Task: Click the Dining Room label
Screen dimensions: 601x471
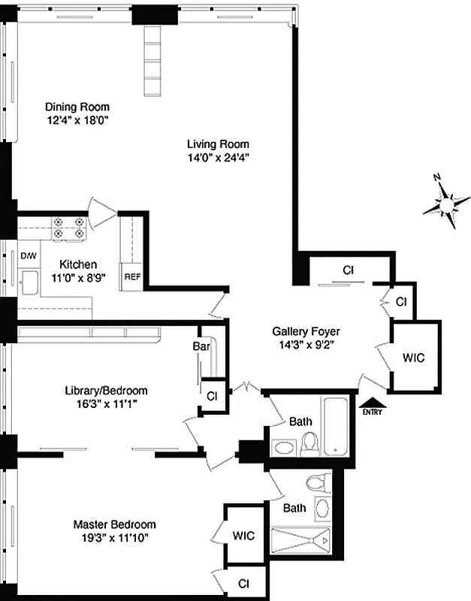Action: point(77,106)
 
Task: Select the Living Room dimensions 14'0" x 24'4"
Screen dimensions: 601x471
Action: point(218,157)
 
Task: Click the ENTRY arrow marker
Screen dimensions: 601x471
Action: point(371,406)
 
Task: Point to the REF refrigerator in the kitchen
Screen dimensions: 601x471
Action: point(132,276)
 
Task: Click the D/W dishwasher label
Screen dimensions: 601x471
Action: point(29,255)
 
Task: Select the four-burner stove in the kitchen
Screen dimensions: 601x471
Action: point(68,228)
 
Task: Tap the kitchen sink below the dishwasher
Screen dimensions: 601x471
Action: point(31,282)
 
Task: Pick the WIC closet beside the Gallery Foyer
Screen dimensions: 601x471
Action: point(413,358)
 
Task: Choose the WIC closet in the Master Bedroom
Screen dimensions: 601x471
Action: point(243,536)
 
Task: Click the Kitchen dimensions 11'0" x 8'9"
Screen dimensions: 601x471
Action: point(79,276)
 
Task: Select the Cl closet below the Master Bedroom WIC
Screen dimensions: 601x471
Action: point(243,582)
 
